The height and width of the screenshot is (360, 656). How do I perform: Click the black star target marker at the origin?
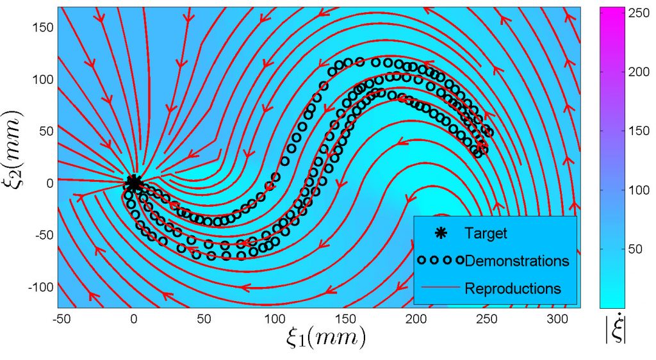click(x=134, y=182)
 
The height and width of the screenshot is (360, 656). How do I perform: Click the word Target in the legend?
click(x=486, y=234)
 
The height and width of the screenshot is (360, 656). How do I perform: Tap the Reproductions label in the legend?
click(x=513, y=288)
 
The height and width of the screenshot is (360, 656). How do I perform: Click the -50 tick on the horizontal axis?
click(x=63, y=318)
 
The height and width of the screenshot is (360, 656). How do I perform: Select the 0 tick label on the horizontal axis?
click(x=134, y=318)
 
